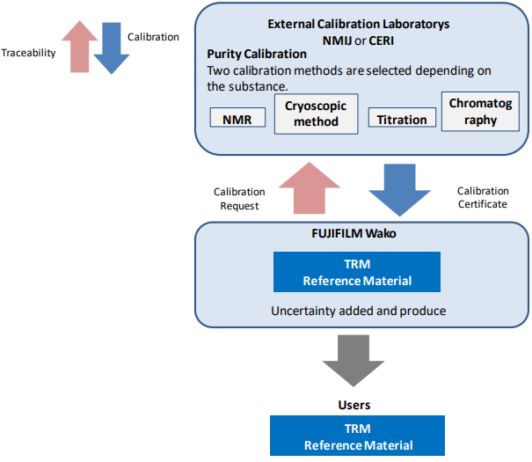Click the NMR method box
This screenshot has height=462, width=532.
(237, 117)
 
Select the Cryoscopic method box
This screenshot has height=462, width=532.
(317, 114)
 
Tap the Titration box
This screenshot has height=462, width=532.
(402, 119)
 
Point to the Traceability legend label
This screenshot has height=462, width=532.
(29, 53)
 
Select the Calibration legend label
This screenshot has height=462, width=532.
(153, 37)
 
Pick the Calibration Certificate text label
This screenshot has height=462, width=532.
(482, 197)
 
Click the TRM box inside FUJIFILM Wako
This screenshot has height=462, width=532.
(355, 272)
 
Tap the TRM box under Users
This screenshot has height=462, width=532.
(355, 436)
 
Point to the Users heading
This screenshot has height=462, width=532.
(355, 405)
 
